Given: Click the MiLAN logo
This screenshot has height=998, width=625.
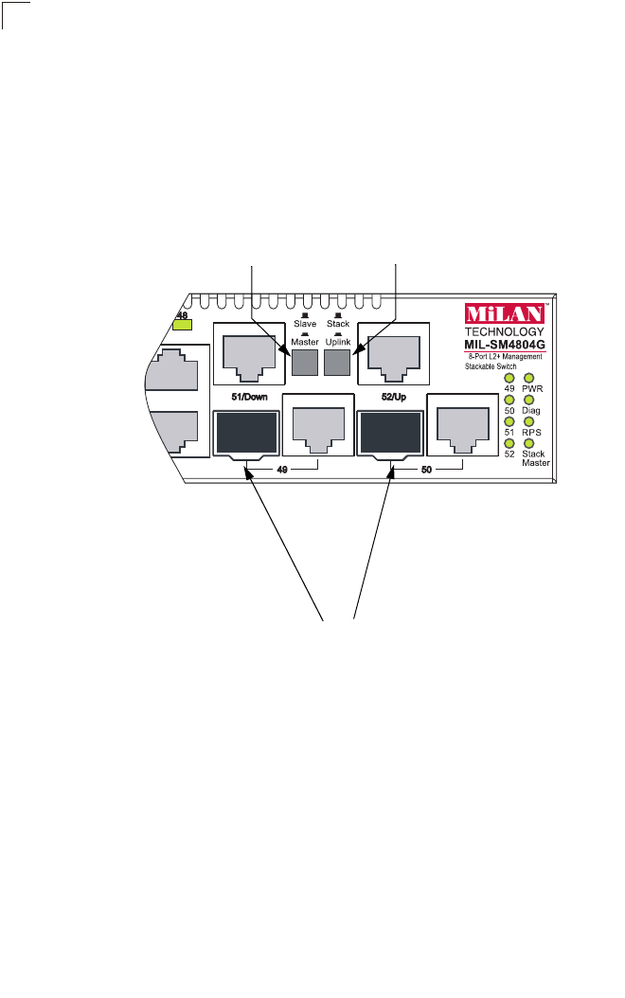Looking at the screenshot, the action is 504,313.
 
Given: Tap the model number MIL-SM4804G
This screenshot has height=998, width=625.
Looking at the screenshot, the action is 504,345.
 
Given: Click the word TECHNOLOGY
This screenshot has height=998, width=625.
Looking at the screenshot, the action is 504,331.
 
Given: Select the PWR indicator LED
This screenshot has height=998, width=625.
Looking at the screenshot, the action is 528,378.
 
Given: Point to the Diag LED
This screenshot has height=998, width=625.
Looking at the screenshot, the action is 528,401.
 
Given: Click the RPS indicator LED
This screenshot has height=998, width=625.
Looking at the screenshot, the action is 528,422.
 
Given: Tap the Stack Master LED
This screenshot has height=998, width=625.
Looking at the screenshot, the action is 528,444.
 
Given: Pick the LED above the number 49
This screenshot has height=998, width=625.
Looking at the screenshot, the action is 509,378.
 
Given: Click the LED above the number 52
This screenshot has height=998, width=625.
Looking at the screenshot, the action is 509,444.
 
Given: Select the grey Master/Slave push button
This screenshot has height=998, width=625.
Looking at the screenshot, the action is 305,363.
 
